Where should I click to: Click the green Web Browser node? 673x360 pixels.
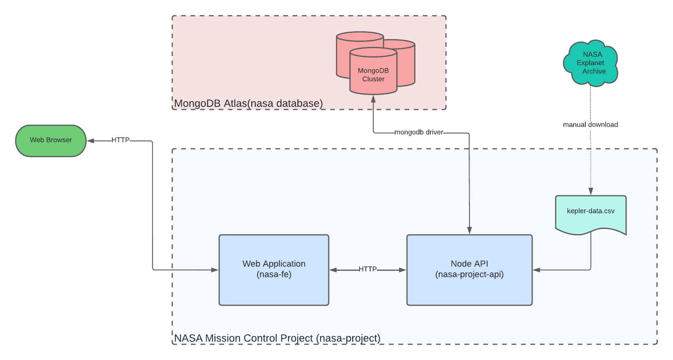click(x=50, y=141)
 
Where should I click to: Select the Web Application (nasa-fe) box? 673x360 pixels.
click(x=274, y=270)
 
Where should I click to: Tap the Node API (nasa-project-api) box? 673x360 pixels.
click(x=469, y=270)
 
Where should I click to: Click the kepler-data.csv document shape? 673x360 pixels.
click(x=590, y=213)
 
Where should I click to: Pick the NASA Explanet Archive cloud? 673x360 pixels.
click(x=591, y=63)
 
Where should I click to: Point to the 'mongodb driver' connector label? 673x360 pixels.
click(x=419, y=132)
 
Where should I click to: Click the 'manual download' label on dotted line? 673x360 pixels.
click(x=590, y=124)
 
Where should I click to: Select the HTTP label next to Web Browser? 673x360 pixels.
click(x=120, y=140)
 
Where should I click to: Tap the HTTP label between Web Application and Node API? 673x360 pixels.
click(x=367, y=269)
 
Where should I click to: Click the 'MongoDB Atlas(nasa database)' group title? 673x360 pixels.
click(x=248, y=103)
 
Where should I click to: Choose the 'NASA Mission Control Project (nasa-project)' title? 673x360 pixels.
click(x=277, y=338)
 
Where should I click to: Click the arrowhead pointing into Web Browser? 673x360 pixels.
click(x=90, y=140)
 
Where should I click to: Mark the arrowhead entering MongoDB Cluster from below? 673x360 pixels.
click(x=373, y=99)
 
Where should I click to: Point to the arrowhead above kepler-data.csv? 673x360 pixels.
click(x=591, y=191)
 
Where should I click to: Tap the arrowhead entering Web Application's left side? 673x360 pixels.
click(x=214, y=270)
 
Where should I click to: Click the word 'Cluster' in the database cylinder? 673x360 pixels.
click(x=373, y=79)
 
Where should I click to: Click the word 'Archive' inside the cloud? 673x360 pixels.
click(x=594, y=71)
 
